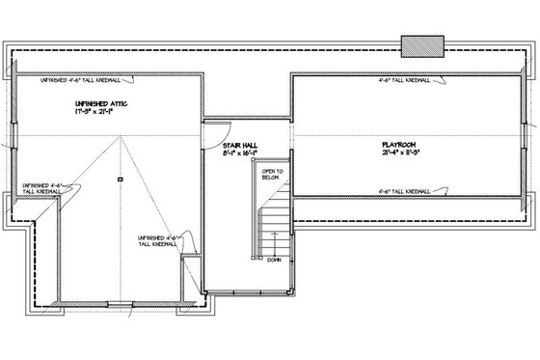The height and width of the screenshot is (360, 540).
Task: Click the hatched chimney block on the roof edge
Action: [x=421, y=45]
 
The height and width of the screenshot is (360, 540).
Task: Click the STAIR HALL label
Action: [x=239, y=144]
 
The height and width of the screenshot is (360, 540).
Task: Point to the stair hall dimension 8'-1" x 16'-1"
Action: [x=240, y=152]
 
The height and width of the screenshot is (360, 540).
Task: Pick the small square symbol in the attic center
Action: [x=119, y=180]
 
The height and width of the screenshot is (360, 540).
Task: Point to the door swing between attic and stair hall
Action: [x=212, y=133]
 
